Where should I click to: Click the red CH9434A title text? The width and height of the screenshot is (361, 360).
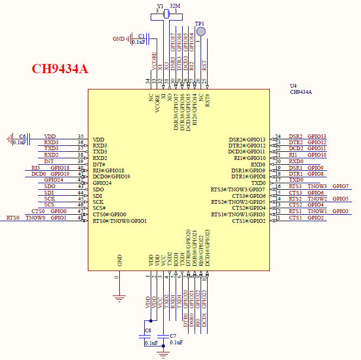(60, 69)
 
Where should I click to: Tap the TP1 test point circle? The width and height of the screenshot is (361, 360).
(201, 32)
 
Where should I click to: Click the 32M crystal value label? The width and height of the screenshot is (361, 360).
(175, 6)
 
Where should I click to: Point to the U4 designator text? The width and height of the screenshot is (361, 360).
(293, 86)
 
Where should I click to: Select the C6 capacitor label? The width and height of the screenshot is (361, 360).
(22, 136)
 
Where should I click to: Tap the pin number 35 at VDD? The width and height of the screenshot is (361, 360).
(81, 137)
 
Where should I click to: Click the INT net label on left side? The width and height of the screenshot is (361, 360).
(49, 161)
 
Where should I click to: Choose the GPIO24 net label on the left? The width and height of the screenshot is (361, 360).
(53, 180)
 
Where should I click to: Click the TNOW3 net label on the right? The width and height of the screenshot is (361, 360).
(317, 187)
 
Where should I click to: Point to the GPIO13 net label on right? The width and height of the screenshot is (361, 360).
(317, 137)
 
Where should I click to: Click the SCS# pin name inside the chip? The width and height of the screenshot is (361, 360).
(99, 208)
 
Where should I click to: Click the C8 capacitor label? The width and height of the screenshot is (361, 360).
(148, 330)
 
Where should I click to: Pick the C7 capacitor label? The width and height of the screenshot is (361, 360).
(173, 336)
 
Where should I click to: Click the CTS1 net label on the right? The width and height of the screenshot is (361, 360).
(295, 218)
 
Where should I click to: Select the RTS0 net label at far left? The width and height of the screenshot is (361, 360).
(12, 218)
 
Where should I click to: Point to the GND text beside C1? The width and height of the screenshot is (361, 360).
(118, 39)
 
